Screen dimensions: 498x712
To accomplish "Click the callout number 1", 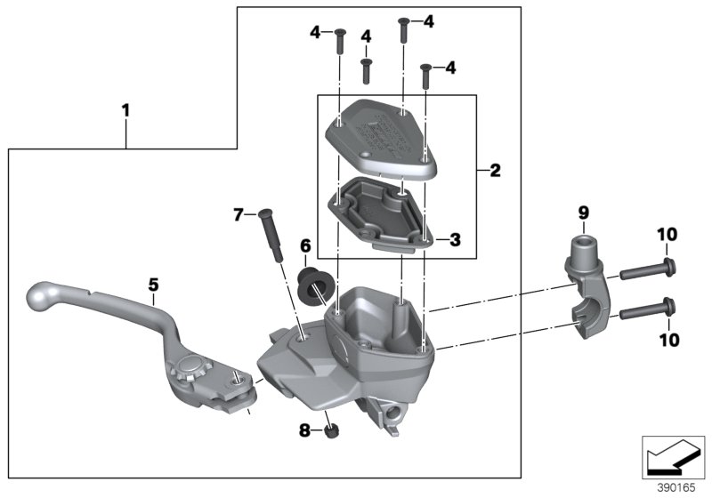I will (x=125, y=111).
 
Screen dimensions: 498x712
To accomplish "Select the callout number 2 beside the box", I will (x=495, y=170).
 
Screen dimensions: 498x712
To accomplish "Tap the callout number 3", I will (x=455, y=239).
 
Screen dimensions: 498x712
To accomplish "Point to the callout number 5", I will (x=153, y=285).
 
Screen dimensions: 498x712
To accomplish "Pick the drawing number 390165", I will (x=675, y=488).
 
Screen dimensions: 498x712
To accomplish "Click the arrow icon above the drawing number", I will (x=674, y=457).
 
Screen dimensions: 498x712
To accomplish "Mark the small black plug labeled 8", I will (x=331, y=431).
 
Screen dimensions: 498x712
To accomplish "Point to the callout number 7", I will (x=237, y=214).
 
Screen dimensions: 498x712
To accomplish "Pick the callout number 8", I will (x=303, y=430).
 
